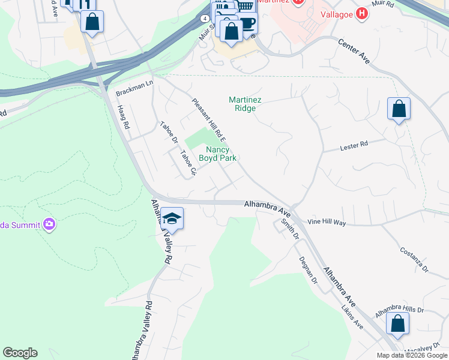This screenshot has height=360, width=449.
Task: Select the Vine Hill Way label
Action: (x=327, y=223)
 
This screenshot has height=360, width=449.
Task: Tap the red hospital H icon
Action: (x=361, y=13)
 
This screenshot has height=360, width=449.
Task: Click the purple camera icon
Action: (x=49, y=225)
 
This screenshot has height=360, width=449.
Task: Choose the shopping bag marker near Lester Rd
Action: (x=399, y=109)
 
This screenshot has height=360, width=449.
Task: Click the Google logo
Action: (x=20, y=353)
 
